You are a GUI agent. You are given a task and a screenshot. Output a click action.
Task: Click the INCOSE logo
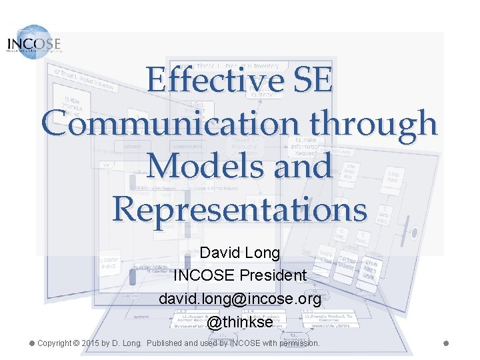(x=33, y=42)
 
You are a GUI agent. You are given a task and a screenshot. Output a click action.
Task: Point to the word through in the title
(x=373, y=125)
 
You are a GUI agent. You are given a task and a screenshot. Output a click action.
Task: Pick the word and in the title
(x=298, y=166)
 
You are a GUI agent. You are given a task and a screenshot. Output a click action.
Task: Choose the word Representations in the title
(x=240, y=209)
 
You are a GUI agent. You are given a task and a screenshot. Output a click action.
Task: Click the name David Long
(x=240, y=253)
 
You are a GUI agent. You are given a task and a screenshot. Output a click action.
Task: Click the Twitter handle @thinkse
(x=240, y=322)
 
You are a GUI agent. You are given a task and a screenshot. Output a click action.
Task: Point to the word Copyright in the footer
(x=55, y=343)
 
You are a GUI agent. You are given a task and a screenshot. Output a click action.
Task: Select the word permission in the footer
(x=299, y=343)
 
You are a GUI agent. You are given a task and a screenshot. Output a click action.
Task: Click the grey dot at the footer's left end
(x=31, y=343)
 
